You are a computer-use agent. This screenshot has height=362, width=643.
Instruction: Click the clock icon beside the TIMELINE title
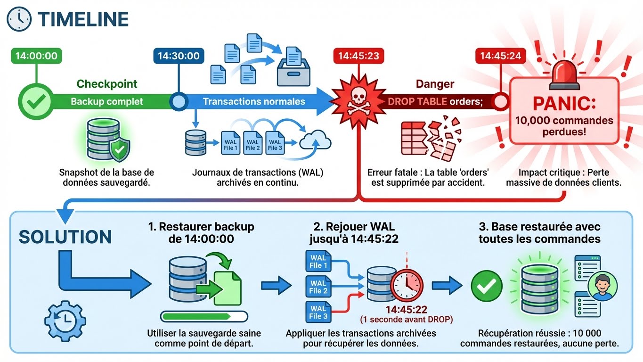[x=19, y=19]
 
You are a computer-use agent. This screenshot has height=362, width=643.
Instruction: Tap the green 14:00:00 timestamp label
[x=36, y=56]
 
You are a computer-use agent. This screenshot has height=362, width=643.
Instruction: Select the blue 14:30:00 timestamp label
[x=178, y=56]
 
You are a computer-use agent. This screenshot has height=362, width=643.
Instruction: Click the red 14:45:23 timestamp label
[x=358, y=56]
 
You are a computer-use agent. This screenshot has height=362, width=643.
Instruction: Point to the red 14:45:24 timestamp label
[x=500, y=56]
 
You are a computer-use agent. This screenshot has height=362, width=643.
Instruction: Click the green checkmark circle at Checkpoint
[x=36, y=101]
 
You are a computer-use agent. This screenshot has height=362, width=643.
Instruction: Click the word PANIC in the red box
[x=563, y=103]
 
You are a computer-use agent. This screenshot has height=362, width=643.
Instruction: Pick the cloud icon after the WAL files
[x=315, y=140]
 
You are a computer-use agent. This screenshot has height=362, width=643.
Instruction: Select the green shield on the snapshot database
[x=120, y=150]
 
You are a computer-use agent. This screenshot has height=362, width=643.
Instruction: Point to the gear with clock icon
[x=65, y=321]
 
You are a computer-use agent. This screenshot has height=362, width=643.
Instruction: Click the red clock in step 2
[x=407, y=286]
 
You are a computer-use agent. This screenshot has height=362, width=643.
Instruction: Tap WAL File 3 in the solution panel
[x=318, y=313]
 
